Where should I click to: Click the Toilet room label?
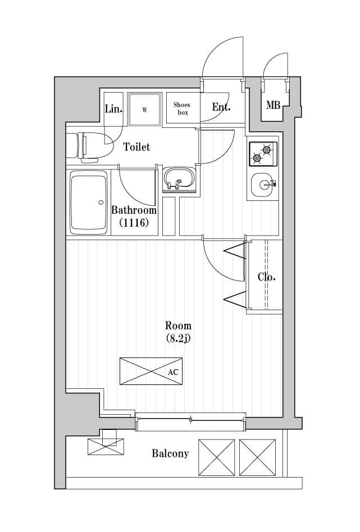pos(136,147)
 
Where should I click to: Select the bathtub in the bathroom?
pos(88,202)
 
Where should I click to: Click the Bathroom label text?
pos(134,210)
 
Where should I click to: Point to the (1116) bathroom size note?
pos(133,223)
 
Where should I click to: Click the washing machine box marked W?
pos(144,109)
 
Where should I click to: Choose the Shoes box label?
pos(182,109)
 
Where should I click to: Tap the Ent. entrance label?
pos(221,107)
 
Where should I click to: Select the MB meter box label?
pos(273,105)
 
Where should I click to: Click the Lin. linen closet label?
pos(113,108)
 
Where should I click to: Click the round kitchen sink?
pos(262,184)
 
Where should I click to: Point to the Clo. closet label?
pos(266,277)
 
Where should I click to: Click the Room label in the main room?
pos(178,325)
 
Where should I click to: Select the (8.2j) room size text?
pos(178,338)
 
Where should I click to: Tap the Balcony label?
pos(170,453)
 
